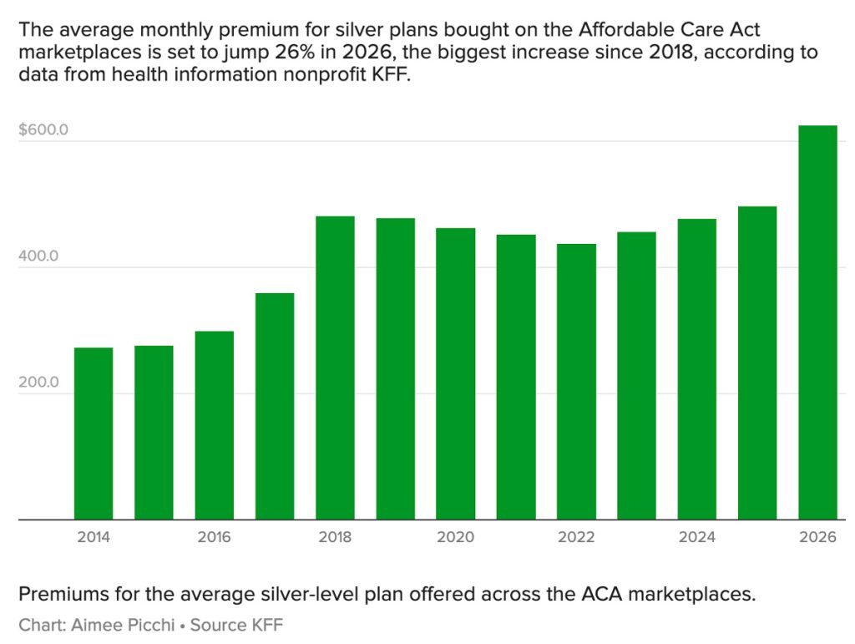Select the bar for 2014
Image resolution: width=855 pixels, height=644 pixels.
point(94,434)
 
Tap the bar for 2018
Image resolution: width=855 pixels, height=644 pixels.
point(335,368)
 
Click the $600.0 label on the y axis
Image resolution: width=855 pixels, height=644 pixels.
point(43,130)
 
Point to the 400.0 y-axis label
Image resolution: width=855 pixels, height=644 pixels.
point(38,256)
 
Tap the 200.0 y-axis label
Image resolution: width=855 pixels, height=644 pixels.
point(38,383)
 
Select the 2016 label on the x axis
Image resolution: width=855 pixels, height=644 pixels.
point(215,537)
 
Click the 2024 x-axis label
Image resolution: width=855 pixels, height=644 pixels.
point(697,537)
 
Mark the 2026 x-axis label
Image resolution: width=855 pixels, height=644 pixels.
point(817,537)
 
